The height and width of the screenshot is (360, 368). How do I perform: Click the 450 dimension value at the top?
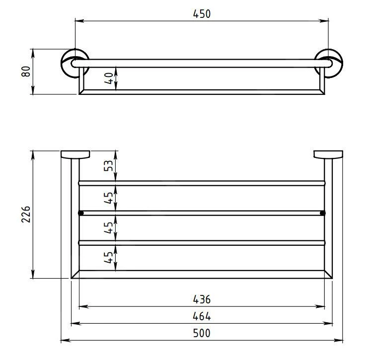(202, 14)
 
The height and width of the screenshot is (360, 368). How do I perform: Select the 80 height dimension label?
(26, 71)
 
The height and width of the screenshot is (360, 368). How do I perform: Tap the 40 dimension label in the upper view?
(109, 78)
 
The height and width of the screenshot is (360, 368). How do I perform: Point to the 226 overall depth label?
(26, 214)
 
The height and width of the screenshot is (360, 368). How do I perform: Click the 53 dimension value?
(109, 166)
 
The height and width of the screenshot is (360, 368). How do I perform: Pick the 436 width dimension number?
(202, 299)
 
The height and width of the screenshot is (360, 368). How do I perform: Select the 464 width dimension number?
(202, 316)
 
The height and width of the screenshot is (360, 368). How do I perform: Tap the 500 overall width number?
(202, 333)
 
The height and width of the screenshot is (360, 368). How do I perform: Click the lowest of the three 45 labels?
(109, 257)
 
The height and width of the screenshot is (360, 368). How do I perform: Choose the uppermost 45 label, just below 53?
(109, 198)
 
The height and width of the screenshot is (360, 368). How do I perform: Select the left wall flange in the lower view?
(75, 154)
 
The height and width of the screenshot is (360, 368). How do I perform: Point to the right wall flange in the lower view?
(328, 154)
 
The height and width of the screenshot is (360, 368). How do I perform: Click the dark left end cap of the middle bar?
(80, 213)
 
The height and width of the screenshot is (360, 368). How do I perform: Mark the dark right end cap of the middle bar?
(323, 213)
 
